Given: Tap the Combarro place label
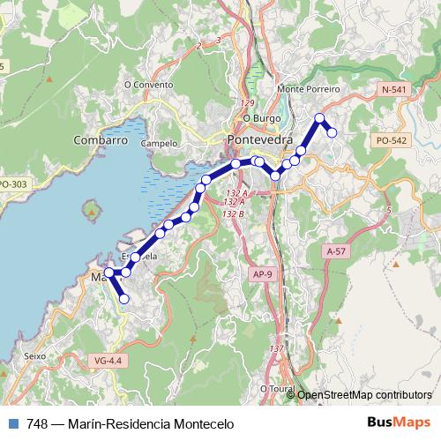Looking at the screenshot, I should (x=101, y=140).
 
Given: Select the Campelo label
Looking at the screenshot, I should (x=160, y=142).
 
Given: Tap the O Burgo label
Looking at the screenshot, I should (x=261, y=117).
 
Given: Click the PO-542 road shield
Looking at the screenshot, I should (x=391, y=140).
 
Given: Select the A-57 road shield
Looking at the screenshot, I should (x=336, y=251).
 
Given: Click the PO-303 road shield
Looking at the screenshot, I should (x=11, y=183).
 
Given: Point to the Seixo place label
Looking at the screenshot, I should (x=35, y=356).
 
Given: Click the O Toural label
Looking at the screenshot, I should (x=276, y=387).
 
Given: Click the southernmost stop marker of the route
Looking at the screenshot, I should (x=124, y=299).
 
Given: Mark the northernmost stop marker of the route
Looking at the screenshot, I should (x=319, y=118).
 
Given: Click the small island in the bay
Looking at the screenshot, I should (x=91, y=212).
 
